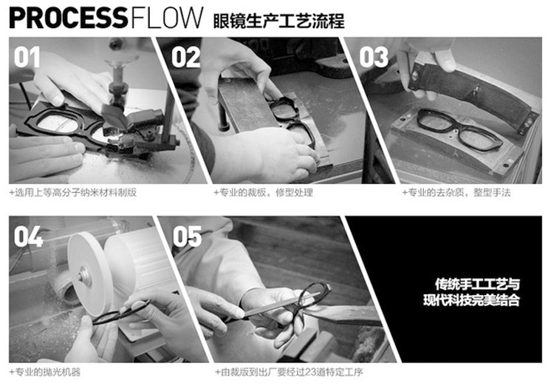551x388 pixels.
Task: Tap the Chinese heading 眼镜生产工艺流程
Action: pos(278,19)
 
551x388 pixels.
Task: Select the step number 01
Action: pos(27,57)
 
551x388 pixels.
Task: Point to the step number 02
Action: pos(185,57)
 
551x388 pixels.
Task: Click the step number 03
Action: pos(374,57)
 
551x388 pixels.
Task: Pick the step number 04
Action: pos(28,236)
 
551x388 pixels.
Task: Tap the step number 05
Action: pos(187,236)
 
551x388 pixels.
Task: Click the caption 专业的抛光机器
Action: pos(45,372)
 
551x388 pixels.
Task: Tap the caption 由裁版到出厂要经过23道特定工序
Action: pos(289,372)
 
